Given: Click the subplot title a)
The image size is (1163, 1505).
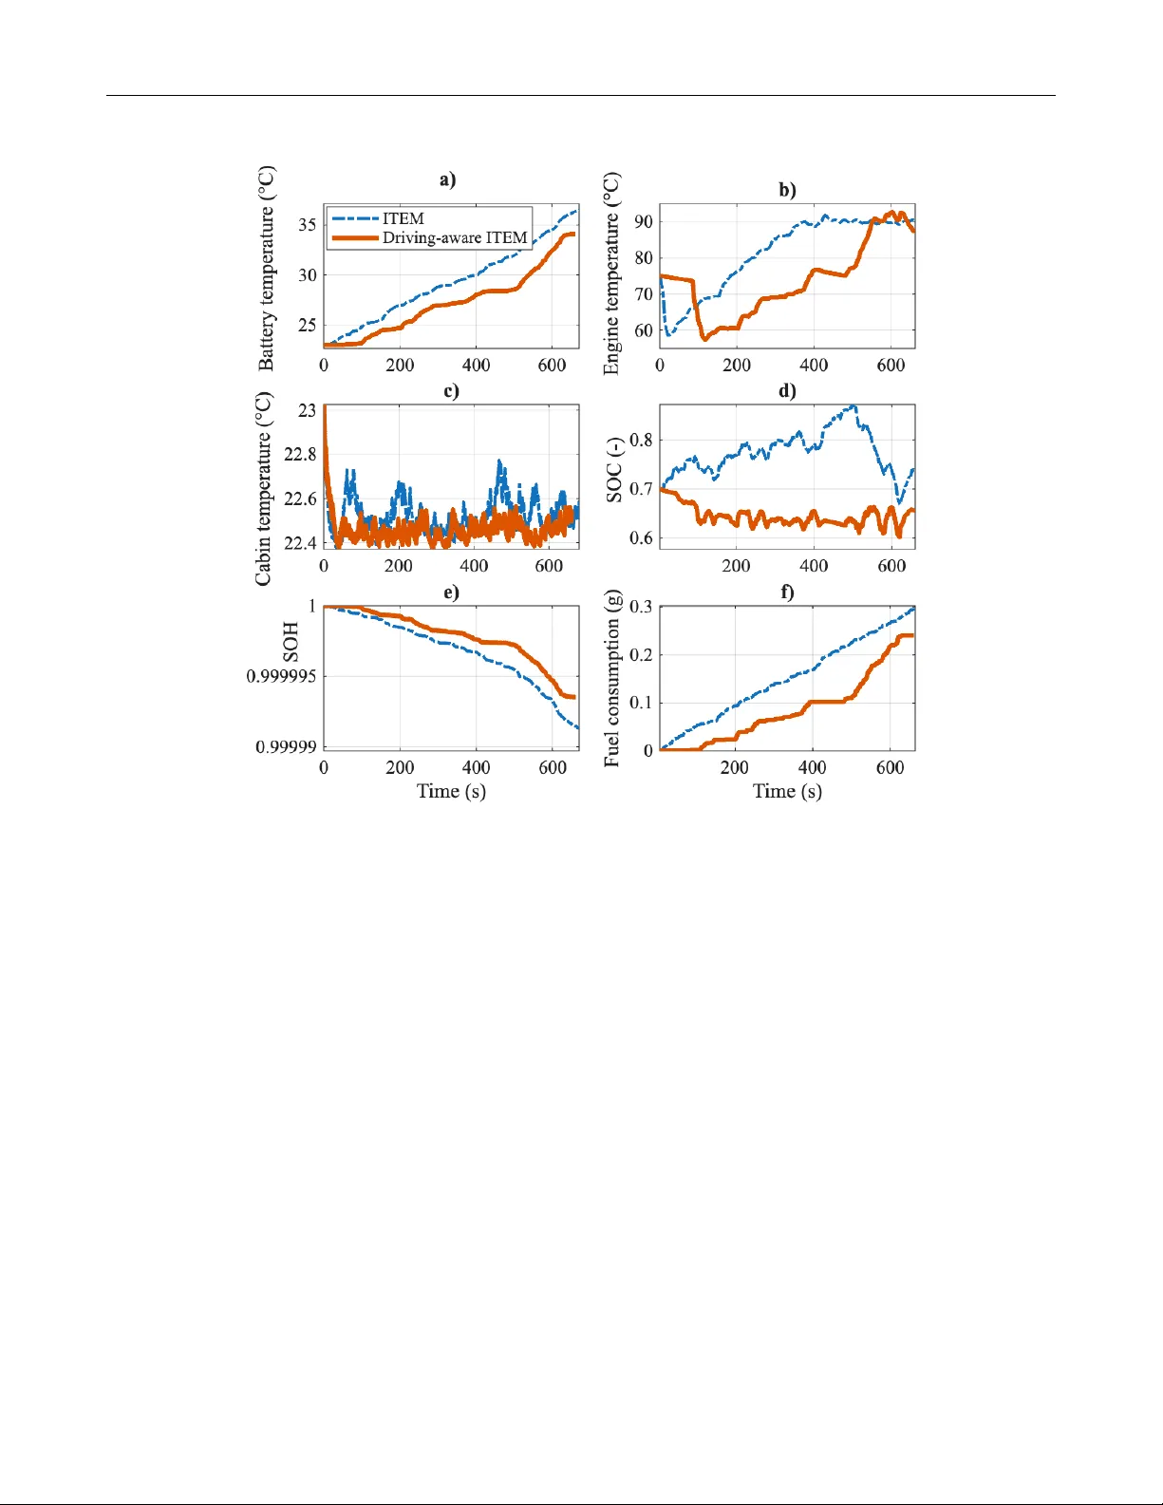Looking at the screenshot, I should pos(447,179).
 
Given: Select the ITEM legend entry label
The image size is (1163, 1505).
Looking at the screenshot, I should pos(403,218).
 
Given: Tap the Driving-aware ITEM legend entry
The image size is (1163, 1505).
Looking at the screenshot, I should pos(454,237).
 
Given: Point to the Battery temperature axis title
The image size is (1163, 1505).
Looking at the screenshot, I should pos(267,269).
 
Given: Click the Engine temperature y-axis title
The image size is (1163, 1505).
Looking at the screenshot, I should pos(612,273).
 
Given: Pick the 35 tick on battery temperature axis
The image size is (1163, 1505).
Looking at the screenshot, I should pos(308,225).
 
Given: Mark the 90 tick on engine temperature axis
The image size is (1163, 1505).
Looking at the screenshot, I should pos(644,221).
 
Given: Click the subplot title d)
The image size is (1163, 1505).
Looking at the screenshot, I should pos(787,390).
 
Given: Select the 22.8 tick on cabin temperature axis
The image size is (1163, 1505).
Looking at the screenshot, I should pos(300,455).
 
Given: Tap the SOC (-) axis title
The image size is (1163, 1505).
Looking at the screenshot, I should pos(614,471).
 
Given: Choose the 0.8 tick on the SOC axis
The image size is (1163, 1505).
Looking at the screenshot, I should pos(641,440).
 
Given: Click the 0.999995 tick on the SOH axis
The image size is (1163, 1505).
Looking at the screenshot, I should pos(281,677).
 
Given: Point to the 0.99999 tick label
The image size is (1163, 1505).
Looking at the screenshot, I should pos(286,747).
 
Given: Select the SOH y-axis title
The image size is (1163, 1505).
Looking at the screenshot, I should pos(291,642).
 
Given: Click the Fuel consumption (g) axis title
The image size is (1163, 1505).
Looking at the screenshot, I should pos(612,679).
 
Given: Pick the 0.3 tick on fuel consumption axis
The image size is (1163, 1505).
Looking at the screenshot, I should pos(641,607).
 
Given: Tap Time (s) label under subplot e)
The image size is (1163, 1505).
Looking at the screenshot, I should pos(451,791).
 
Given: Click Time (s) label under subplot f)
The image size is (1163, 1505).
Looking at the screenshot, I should pos(787,791).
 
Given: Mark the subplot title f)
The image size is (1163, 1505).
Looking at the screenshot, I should pos(787,593).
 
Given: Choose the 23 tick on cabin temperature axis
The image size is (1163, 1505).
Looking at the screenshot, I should pos(307,410).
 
